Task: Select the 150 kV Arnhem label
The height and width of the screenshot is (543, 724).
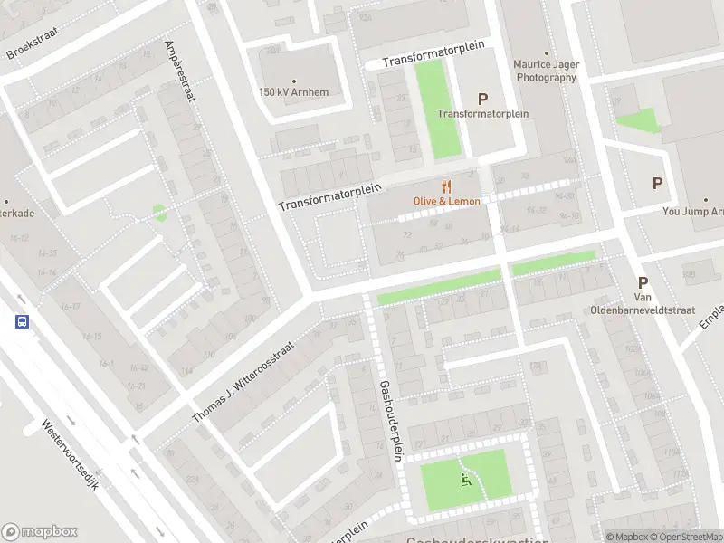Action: tap(293, 92)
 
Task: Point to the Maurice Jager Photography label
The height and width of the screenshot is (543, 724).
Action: tap(545, 71)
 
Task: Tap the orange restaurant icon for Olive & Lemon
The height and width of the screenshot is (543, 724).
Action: tap(446, 186)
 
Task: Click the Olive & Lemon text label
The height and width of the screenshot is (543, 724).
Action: tap(446, 201)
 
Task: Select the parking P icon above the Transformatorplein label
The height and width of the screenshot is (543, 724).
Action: tap(482, 99)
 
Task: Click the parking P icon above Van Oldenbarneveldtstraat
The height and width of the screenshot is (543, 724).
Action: tap(643, 282)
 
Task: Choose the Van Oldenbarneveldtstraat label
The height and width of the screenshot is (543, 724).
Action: tap(664, 304)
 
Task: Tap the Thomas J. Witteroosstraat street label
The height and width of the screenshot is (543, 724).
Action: tap(243, 382)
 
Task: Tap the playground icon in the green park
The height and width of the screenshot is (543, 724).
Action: tap(466, 479)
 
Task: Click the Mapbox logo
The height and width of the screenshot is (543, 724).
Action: tap(40, 532)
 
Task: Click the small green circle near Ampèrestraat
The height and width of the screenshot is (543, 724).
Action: tap(159, 213)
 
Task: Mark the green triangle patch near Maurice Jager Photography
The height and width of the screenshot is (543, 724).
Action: tap(642, 119)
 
